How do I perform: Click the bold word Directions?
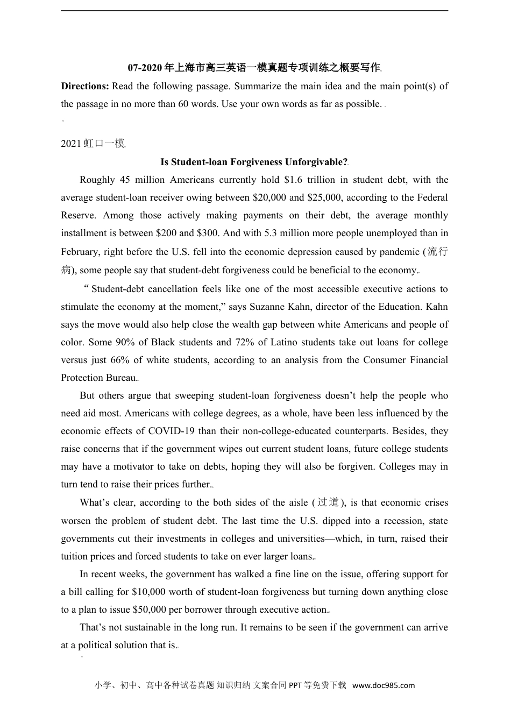click(85, 86)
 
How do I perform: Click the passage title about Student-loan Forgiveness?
click(254, 162)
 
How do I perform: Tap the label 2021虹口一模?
click(93, 144)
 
